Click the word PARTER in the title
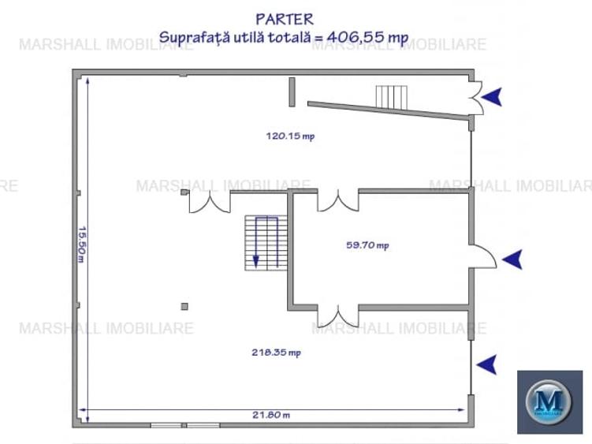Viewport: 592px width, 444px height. tap(285, 19)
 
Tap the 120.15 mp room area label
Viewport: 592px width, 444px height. tap(290, 136)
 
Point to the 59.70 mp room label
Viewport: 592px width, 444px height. tap(368, 245)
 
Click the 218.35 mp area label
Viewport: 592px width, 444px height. tap(277, 353)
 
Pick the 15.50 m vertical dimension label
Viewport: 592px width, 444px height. tap(82, 244)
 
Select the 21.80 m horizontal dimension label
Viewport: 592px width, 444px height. tap(271, 415)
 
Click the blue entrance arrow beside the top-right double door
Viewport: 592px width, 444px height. tap(492, 97)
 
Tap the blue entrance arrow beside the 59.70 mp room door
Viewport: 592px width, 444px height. tap(512, 259)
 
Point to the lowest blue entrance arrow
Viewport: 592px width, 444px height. tap(486, 364)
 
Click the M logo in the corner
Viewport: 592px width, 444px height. tap(549, 401)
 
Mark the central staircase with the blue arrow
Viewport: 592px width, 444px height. tap(266, 243)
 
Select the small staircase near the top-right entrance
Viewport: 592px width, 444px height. tap(392, 98)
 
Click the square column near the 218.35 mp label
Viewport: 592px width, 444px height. tap(184, 307)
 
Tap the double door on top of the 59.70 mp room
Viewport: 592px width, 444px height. tap(338, 200)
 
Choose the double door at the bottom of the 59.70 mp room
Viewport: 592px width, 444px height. tap(338, 316)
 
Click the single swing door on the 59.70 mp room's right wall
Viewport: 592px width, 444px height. tap(483, 256)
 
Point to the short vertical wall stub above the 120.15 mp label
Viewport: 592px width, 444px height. tap(292, 91)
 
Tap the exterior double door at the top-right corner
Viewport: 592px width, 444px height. tap(476, 98)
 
